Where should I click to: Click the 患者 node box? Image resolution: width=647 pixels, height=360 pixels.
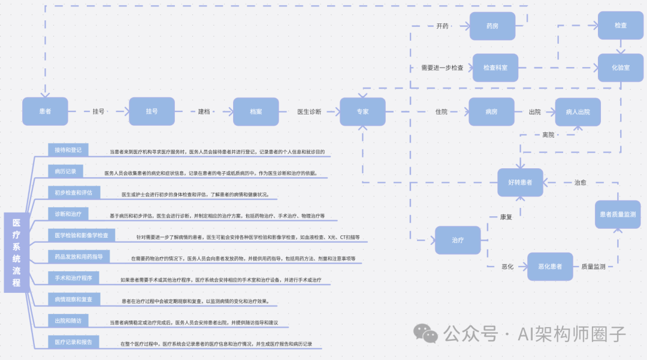click(x=45, y=111)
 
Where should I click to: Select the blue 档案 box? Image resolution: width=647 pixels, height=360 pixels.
click(x=256, y=111)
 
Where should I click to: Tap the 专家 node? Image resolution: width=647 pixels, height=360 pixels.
click(x=362, y=111)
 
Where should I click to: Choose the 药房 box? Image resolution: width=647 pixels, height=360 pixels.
click(x=492, y=26)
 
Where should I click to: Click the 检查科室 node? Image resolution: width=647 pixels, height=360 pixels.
click(x=495, y=68)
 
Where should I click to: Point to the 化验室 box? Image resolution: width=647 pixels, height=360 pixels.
click(x=621, y=68)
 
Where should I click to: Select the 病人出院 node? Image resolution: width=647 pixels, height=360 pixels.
click(x=578, y=112)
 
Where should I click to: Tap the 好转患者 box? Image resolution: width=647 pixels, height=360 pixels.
click(x=520, y=182)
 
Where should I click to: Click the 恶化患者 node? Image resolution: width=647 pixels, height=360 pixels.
click(x=550, y=266)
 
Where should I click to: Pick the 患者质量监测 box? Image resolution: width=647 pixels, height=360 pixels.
click(x=618, y=214)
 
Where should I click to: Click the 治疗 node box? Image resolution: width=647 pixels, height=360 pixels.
click(x=458, y=240)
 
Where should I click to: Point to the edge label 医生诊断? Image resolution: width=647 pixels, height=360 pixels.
click(x=309, y=112)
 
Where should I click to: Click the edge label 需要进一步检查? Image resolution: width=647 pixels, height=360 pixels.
click(x=442, y=68)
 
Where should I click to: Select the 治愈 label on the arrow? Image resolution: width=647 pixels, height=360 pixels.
click(x=580, y=182)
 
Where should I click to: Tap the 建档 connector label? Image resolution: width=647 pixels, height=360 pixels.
click(x=205, y=112)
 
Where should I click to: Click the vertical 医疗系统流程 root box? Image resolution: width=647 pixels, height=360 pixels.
click(x=17, y=252)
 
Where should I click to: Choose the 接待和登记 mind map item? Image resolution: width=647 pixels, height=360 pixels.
click(x=68, y=149)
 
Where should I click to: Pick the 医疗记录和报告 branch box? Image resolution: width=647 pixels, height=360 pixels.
click(x=74, y=341)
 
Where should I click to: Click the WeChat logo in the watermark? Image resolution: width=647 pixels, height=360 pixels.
click(x=428, y=332)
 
